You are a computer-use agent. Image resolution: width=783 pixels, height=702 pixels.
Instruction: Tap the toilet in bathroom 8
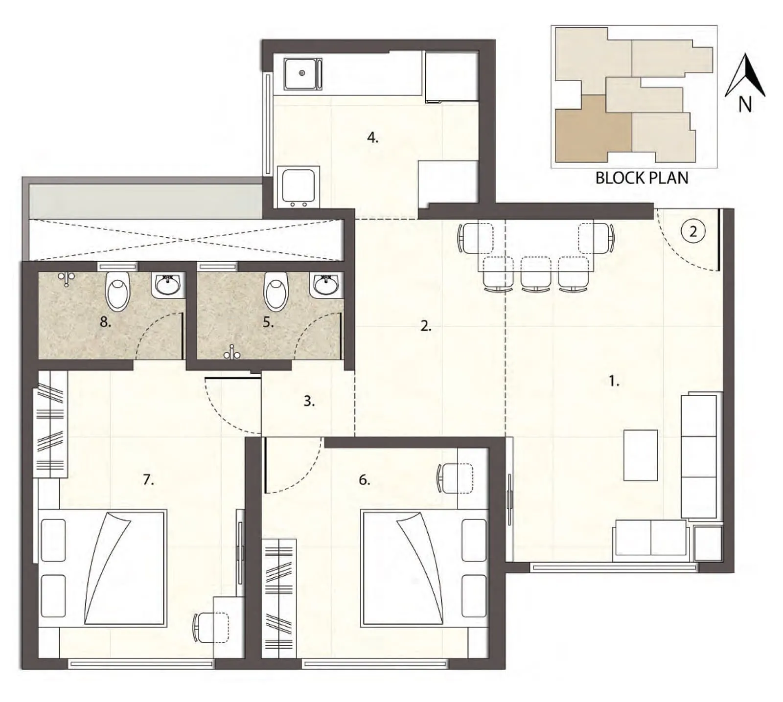point(117,291)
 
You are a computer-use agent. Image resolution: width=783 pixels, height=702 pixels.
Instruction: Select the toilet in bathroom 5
point(276,291)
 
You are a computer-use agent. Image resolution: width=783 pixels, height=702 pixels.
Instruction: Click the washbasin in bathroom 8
point(168,284)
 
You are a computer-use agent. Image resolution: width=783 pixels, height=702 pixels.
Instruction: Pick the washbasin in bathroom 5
point(326,284)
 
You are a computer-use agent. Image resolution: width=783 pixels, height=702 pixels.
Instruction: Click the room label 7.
point(148,480)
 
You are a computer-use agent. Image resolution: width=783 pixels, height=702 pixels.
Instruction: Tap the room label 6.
point(364,480)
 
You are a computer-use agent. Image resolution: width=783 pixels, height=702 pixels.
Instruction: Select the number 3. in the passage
point(309,401)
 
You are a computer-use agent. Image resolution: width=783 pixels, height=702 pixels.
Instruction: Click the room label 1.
point(614,381)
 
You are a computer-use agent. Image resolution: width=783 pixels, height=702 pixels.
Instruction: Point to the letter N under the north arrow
point(745,104)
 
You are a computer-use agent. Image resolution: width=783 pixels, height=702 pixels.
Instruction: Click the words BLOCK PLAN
point(642,178)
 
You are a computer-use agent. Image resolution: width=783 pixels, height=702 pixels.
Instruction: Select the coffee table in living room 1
point(641,455)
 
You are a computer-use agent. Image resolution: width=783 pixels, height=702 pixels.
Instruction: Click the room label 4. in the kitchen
point(372,138)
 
